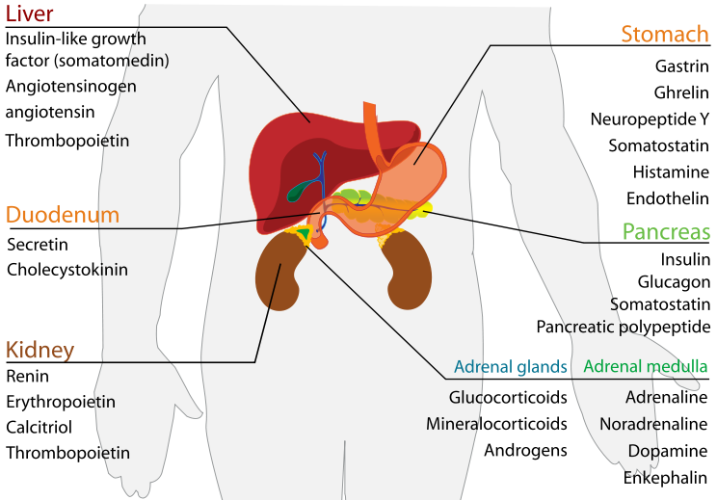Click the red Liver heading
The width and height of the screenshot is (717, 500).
click(29, 14)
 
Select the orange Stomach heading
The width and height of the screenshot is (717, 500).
click(665, 35)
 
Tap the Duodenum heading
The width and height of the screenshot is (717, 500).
click(63, 214)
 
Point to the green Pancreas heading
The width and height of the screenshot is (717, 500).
click(666, 232)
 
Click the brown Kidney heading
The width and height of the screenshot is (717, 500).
click(40, 349)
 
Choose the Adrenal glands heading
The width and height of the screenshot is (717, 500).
click(510, 367)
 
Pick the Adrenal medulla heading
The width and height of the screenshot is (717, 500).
click(646, 367)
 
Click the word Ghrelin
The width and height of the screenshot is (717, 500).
click(681, 92)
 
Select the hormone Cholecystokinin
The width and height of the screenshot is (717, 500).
click(66, 270)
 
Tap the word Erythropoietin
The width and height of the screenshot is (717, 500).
click(61, 401)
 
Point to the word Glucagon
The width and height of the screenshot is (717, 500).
click(674, 281)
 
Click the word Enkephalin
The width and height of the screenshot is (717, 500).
click(666, 476)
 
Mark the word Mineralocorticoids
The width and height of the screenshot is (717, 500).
click(496, 423)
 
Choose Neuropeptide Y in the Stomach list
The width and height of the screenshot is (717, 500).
click(650, 119)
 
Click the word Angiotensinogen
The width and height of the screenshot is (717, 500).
click(70, 86)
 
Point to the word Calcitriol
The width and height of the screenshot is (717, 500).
click(41, 427)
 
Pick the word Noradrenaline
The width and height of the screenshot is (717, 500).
click(653, 423)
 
